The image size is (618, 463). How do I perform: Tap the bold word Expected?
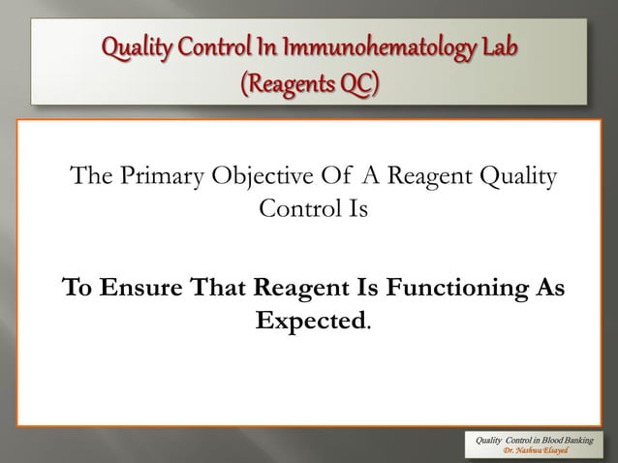(x=309, y=320)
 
